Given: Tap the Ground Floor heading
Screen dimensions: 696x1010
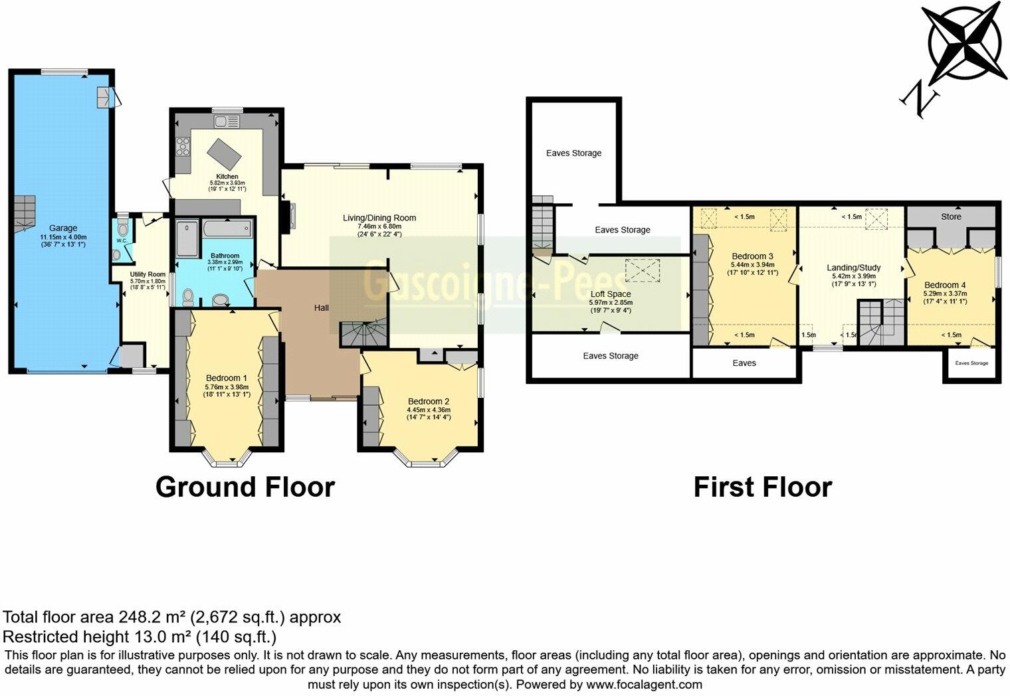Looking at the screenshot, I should point(245,487).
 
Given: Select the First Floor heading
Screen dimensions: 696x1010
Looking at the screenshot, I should point(762,487).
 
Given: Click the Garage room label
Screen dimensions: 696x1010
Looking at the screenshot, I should point(63,228).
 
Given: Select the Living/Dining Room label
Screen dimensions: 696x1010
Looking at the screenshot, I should point(379,218).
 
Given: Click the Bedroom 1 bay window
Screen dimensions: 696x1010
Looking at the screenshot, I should point(229,458).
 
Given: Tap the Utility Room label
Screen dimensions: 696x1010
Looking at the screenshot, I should point(148,274).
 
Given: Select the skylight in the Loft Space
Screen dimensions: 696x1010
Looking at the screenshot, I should point(640,271).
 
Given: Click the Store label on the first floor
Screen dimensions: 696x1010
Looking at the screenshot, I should point(951,217).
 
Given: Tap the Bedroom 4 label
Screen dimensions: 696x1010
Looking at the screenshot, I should point(945,285).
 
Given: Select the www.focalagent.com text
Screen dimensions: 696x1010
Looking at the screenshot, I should point(644,684).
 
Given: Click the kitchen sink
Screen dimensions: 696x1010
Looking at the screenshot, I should point(227,122).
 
